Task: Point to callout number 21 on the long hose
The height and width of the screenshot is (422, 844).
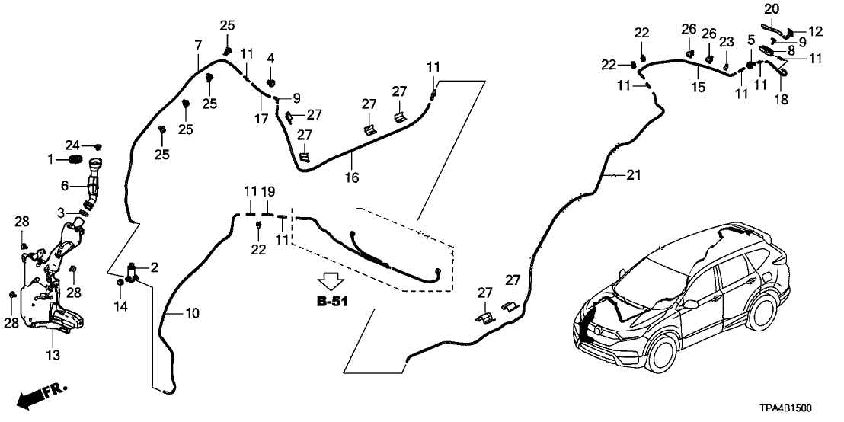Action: pos(634,176)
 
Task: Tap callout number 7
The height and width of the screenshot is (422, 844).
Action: pos(198,46)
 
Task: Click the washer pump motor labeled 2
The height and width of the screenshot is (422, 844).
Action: pos(136,271)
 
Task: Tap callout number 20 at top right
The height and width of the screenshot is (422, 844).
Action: pos(772,8)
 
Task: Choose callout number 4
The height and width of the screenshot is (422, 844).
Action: pos(270,58)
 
